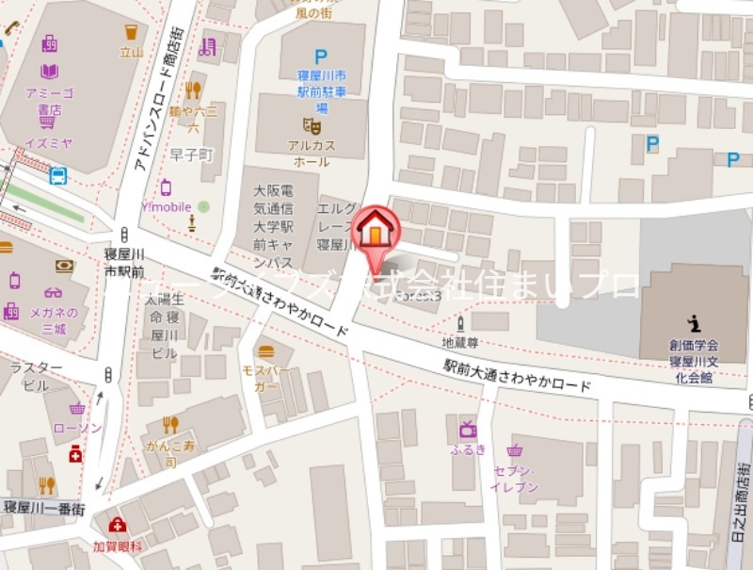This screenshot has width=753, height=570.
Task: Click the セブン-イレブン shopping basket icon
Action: pos(514,450)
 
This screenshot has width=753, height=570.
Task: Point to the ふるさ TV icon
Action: pos(468,428)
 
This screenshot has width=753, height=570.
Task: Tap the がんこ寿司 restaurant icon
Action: pos(169,425)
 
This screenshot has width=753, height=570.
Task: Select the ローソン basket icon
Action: pos(77,409)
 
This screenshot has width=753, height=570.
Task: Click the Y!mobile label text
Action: pos(166,207)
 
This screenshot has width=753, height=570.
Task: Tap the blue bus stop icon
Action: pos(58,175)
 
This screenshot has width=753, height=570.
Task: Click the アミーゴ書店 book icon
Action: pos(50,71)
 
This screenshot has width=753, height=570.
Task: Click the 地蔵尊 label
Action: pos(461,341)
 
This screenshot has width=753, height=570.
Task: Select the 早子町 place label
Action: pos(194,154)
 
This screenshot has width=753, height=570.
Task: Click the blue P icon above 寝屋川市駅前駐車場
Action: pos(321,57)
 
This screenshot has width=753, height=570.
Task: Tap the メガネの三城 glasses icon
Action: pos(51,292)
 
